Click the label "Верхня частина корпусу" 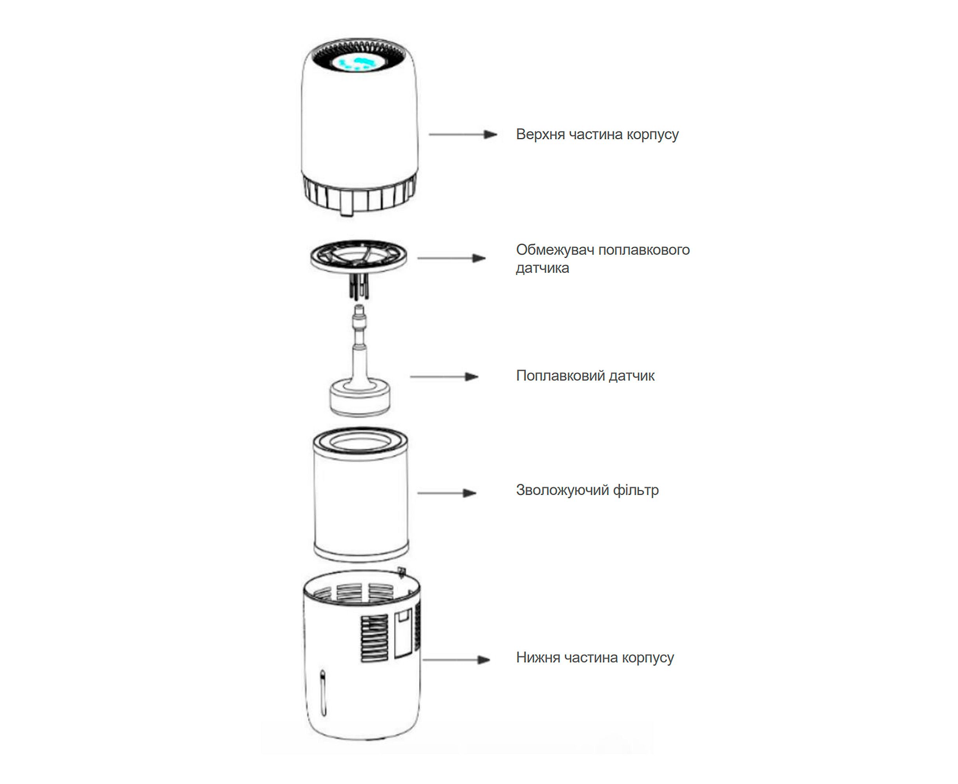pos(597,134)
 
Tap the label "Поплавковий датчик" pos(585,376)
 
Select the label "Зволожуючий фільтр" pos(587,490)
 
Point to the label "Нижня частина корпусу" pos(594,657)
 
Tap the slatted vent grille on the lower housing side pos(374,639)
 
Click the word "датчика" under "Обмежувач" pos(542,268)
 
